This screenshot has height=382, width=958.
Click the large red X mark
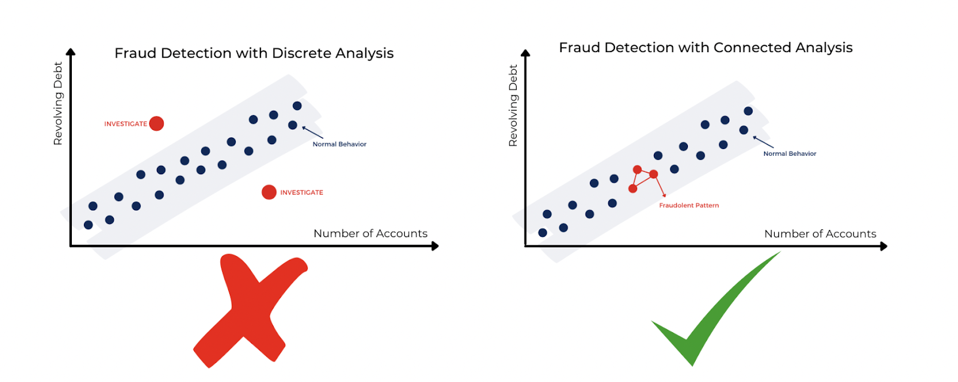(250, 311)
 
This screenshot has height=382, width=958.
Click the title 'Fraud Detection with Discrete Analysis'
(254, 53)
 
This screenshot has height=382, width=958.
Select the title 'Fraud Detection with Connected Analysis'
(705, 48)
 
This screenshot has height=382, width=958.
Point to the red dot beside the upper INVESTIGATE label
(156, 123)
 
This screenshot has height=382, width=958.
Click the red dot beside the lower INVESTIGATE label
(269, 192)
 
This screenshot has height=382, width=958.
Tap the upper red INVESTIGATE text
(125, 124)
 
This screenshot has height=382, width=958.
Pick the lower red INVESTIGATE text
(301, 193)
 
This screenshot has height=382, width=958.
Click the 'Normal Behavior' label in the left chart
(339, 144)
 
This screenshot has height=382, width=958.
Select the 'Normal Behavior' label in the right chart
(789, 154)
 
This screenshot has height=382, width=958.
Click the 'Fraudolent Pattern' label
(689, 205)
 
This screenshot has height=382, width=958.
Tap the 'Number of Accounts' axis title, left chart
(370, 234)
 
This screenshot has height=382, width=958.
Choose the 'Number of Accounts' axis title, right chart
(820, 234)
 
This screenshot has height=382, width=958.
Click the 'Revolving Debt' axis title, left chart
(58, 103)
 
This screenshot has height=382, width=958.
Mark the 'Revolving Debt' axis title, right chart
(513, 105)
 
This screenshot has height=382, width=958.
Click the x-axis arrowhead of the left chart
(435, 246)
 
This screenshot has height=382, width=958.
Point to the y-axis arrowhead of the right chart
(526, 53)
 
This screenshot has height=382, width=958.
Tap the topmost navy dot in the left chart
(297, 106)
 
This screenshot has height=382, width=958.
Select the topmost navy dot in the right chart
(748, 111)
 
